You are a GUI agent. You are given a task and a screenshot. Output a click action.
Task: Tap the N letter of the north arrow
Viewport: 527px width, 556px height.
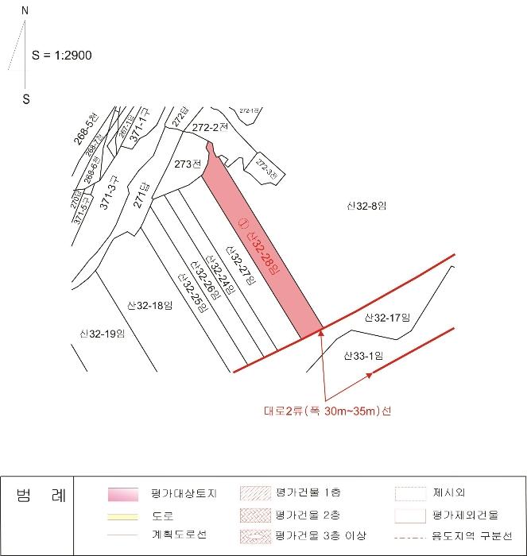click(25, 12)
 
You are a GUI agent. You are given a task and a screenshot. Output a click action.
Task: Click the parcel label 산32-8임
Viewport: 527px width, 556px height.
click(366, 206)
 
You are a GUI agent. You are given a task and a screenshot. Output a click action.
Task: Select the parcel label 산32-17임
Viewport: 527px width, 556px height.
click(386, 318)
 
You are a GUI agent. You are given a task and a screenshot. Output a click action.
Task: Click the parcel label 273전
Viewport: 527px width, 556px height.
click(187, 164)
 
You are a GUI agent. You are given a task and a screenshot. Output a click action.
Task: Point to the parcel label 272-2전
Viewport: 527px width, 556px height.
click(211, 127)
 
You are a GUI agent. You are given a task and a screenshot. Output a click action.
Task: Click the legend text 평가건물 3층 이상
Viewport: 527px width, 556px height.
click(321, 536)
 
